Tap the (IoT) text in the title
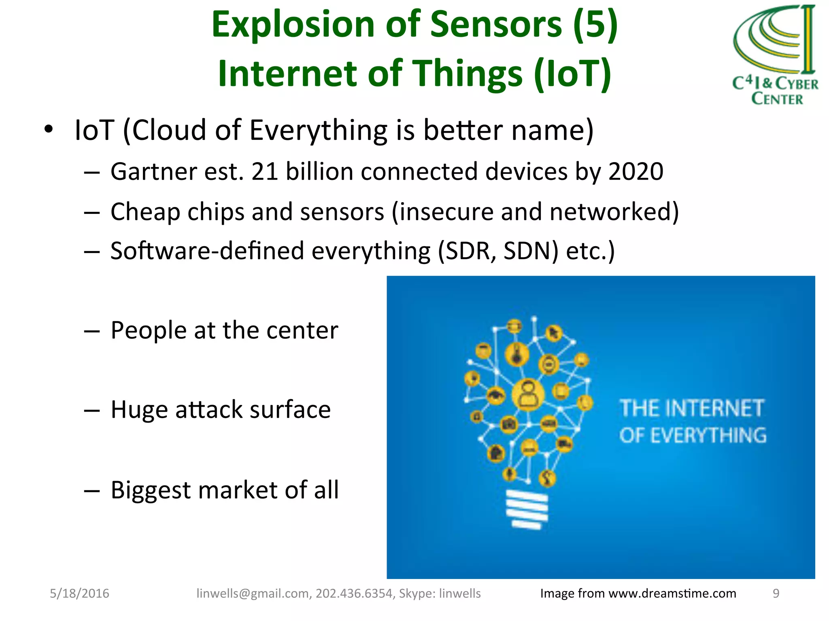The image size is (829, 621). pyautogui.click(x=572, y=74)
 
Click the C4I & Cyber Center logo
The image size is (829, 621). pyautogui.click(x=775, y=55)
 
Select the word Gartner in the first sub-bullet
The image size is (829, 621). pyautogui.click(x=153, y=171)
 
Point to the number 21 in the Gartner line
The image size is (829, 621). pyautogui.click(x=264, y=171)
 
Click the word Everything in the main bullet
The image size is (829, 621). pyautogui.click(x=318, y=130)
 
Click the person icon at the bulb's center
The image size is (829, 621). pyautogui.click(x=528, y=395)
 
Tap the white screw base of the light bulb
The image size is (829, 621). pyautogui.click(x=527, y=509)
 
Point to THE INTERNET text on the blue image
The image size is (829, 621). pyautogui.click(x=692, y=408)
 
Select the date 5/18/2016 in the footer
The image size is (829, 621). pyautogui.click(x=79, y=594)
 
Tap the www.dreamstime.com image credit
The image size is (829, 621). pyautogui.click(x=672, y=594)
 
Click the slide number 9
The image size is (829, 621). pyautogui.click(x=776, y=594)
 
